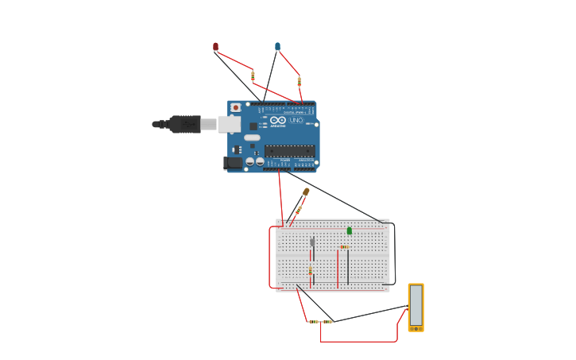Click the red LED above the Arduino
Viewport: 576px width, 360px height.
click(x=215, y=47)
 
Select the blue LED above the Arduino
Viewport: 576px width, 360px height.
click(x=277, y=47)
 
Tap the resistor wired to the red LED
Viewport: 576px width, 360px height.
click(x=253, y=76)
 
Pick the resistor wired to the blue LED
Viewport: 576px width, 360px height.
click(x=299, y=81)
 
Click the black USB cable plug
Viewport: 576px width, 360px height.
click(x=184, y=124)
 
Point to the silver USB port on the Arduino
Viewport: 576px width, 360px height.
click(x=229, y=124)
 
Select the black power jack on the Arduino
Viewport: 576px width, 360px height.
click(x=233, y=163)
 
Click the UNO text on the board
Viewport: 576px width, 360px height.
click(x=296, y=120)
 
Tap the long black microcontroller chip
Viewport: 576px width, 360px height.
click(x=289, y=151)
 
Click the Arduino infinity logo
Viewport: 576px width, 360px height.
click(x=277, y=121)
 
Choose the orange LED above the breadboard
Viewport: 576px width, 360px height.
click(x=306, y=192)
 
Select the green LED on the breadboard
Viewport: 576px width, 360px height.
click(x=349, y=231)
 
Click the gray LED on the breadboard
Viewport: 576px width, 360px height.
click(x=312, y=242)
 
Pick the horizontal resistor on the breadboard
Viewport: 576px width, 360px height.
click(x=344, y=247)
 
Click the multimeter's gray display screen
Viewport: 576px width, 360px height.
click(x=416, y=305)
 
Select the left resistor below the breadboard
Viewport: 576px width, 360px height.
click(x=314, y=322)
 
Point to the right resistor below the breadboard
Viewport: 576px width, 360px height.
click(x=327, y=322)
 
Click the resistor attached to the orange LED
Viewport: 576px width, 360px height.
click(x=299, y=209)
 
